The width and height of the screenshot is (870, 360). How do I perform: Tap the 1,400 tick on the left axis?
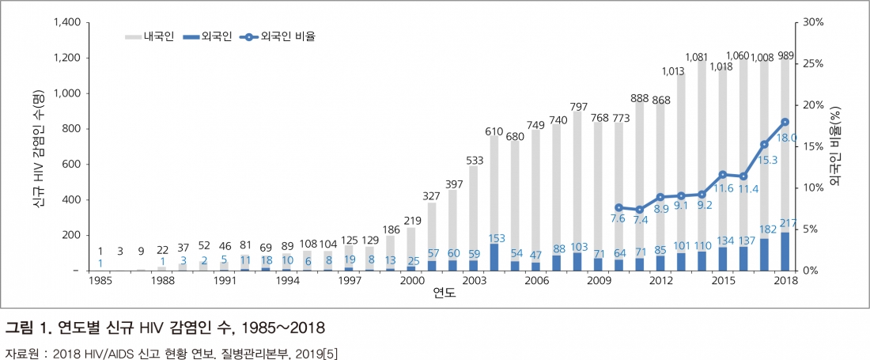pyautogui.click(x=67, y=22)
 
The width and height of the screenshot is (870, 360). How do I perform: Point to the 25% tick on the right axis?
pyautogui.click(x=812, y=63)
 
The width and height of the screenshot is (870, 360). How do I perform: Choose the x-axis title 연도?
pyautogui.click(x=444, y=294)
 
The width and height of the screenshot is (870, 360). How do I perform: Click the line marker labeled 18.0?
pyautogui.click(x=785, y=122)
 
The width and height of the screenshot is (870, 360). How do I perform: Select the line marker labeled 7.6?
pyautogui.click(x=618, y=207)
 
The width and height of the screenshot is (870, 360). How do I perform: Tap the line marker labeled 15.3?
pyautogui.click(x=765, y=144)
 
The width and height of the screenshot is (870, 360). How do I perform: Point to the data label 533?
pyautogui.click(x=474, y=161)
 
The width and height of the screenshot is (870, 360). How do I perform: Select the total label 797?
pyautogui.click(x=578, y=107)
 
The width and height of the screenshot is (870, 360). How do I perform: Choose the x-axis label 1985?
pyautogui.click(x=100, y=281)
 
